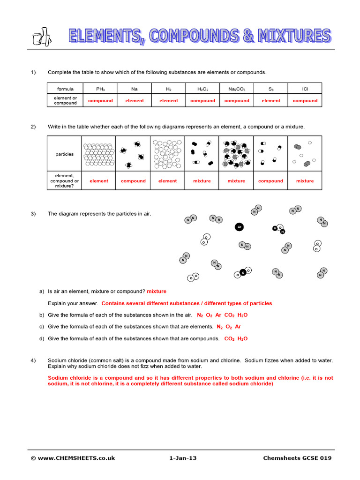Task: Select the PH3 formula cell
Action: pos(100,89)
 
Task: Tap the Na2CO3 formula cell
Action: pos(237,89)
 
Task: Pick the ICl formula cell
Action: pos(305,89)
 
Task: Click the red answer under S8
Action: pos(271,101)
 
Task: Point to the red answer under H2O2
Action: pos(202,101)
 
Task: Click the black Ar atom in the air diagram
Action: pos(239,227)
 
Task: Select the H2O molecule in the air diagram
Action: pos(279,229)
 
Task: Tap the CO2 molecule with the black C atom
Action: pos(243,272)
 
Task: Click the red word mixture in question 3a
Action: pos(157,292)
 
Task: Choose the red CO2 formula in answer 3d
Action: pos(229,338)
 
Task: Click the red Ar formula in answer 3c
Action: pos(238,327)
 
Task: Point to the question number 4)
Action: pos(33,360)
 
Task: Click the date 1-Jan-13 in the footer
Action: pos(183,458)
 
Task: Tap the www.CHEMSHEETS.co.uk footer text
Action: pos(73,458)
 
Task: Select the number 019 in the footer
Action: pos(325,458)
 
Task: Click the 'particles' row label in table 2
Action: pos(65,154)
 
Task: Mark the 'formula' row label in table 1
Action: pos(65,89)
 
